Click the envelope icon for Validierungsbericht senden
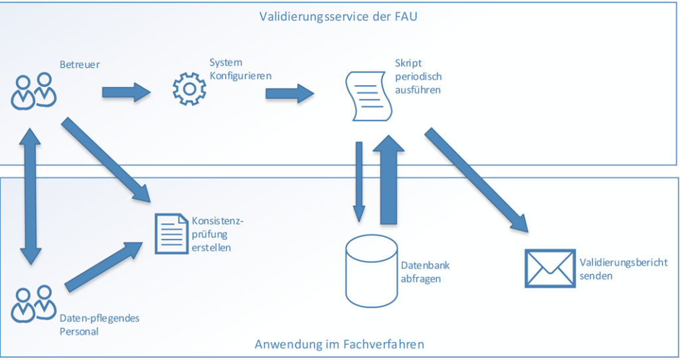click(549, 268)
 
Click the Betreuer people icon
click(34, 91)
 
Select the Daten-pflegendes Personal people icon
click(33, 304)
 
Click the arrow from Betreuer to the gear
click(126, 92)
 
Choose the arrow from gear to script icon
click(290, 93)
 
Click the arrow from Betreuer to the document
click(106, 159)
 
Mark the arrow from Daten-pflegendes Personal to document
click(103, 268)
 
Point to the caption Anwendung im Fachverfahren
click(339, 344)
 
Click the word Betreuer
click(79, 64)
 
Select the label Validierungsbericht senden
click(623, 269)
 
